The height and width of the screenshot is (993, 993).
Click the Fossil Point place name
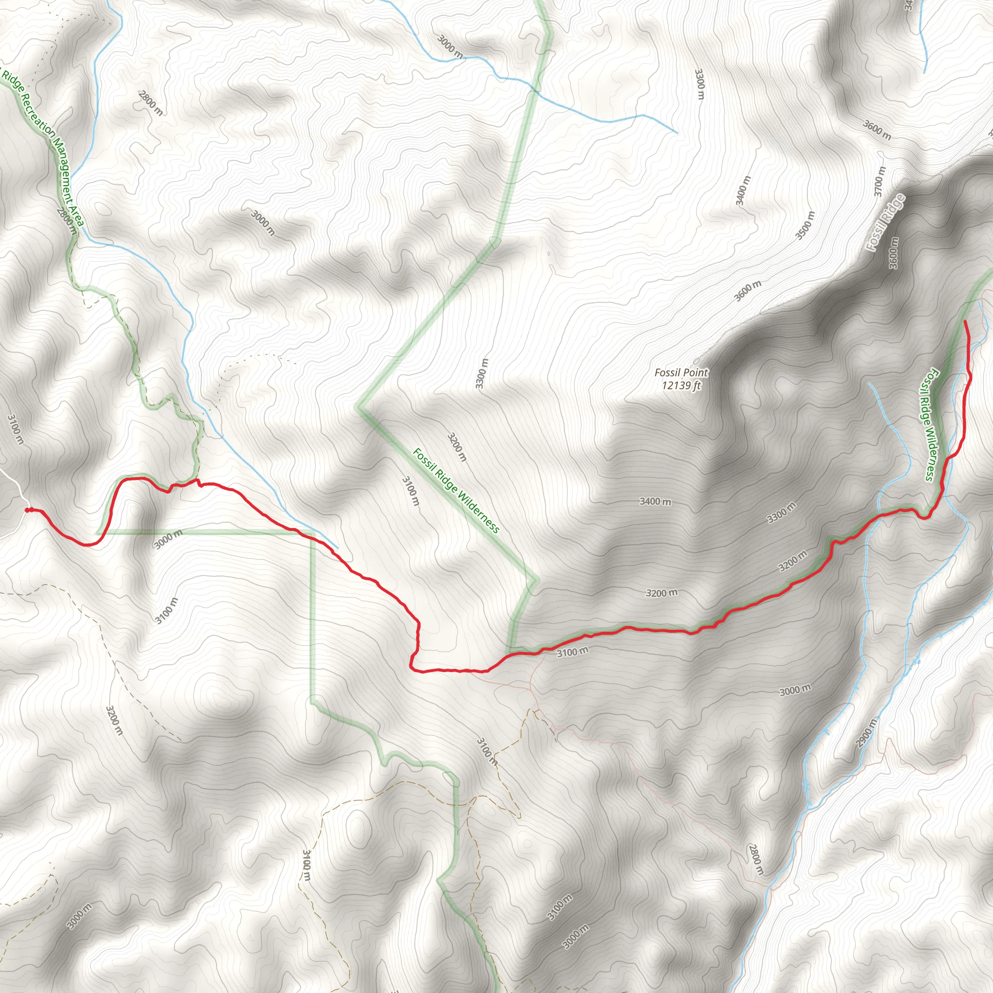(681, 373)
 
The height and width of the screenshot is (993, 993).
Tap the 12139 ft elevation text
(681, 385)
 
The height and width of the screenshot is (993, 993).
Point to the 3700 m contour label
(880, 181)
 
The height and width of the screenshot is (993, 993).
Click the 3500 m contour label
(805, 225)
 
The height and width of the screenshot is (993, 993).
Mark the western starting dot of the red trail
(27, 510)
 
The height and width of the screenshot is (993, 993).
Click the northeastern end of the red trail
(965, 321)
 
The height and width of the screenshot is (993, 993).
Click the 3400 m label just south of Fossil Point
(656, 501)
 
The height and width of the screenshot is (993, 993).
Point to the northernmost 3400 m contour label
(743, 190)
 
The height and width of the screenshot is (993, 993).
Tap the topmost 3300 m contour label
(699, 84)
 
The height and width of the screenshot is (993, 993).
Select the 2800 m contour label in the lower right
(756, 859)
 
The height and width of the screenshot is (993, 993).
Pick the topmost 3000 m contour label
(450, 47)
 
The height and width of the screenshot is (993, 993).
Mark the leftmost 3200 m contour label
(114, 720)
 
